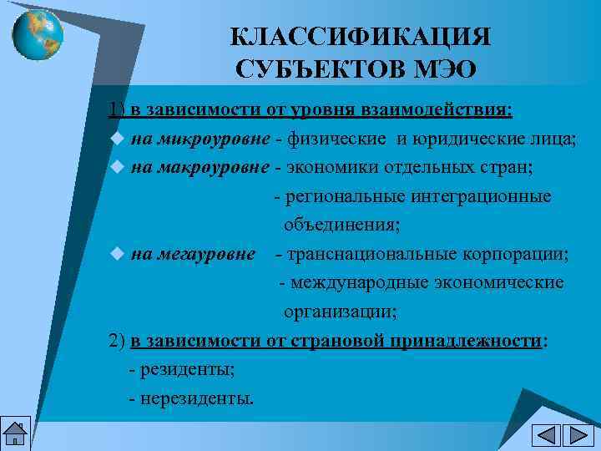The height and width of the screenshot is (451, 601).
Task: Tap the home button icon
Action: pos(15,434)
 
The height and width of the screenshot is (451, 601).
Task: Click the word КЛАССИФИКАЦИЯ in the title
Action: pos(361,37)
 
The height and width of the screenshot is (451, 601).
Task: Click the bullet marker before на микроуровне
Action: pos(117,139)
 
